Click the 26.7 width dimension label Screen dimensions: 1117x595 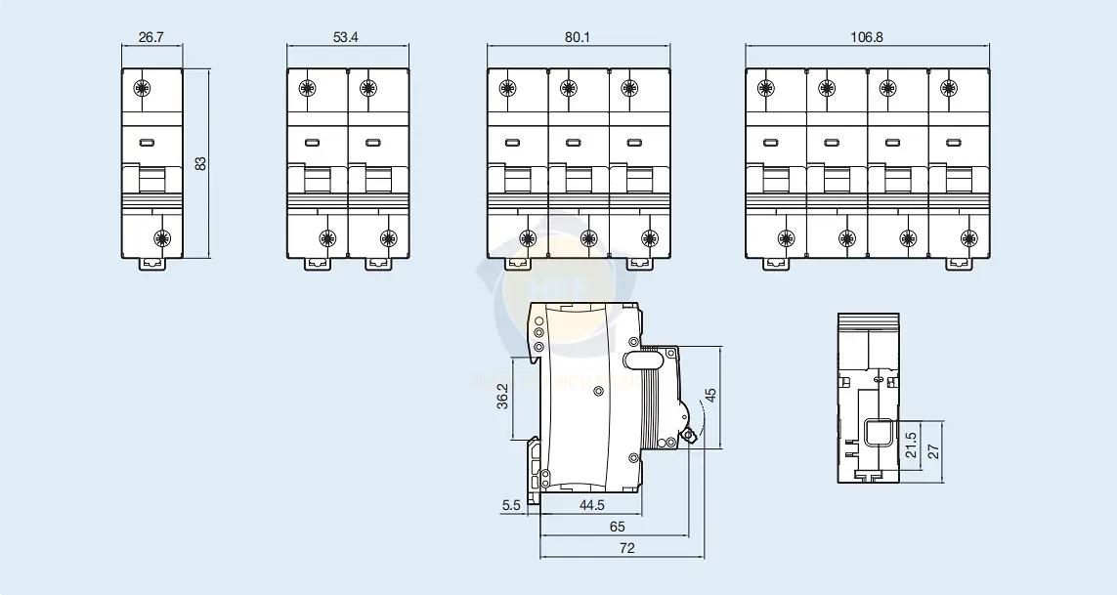[x=151, y=37]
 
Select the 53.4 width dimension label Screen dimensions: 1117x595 [x=346, y=37]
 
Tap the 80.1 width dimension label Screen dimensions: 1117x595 [x=578, y=37]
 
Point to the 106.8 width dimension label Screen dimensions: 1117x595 [x=866, y=37]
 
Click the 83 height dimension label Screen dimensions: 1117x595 [x=201, y=163]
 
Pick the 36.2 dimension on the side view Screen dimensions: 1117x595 [x=503, y=397]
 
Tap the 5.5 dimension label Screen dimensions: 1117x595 [x=511, y=505]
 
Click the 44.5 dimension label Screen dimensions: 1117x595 [x=591, y=505]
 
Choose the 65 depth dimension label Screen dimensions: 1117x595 [x=617, y=527]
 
